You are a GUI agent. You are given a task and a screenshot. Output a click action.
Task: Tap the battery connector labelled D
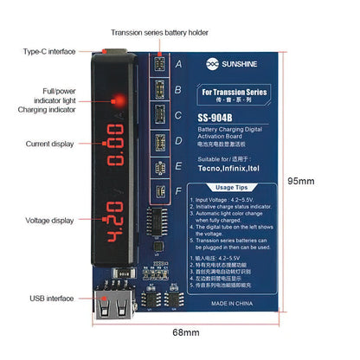pos(158,139)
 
